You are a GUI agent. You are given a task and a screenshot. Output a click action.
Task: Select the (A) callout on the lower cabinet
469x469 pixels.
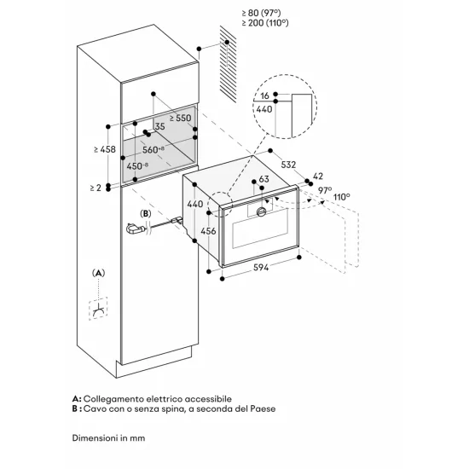point(99,273)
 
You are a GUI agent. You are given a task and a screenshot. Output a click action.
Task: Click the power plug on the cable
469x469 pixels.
point(133,228)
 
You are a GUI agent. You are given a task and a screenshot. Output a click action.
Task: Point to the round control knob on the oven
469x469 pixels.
point(260,210)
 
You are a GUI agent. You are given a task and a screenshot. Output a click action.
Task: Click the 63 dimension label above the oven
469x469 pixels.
point(263,179)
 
